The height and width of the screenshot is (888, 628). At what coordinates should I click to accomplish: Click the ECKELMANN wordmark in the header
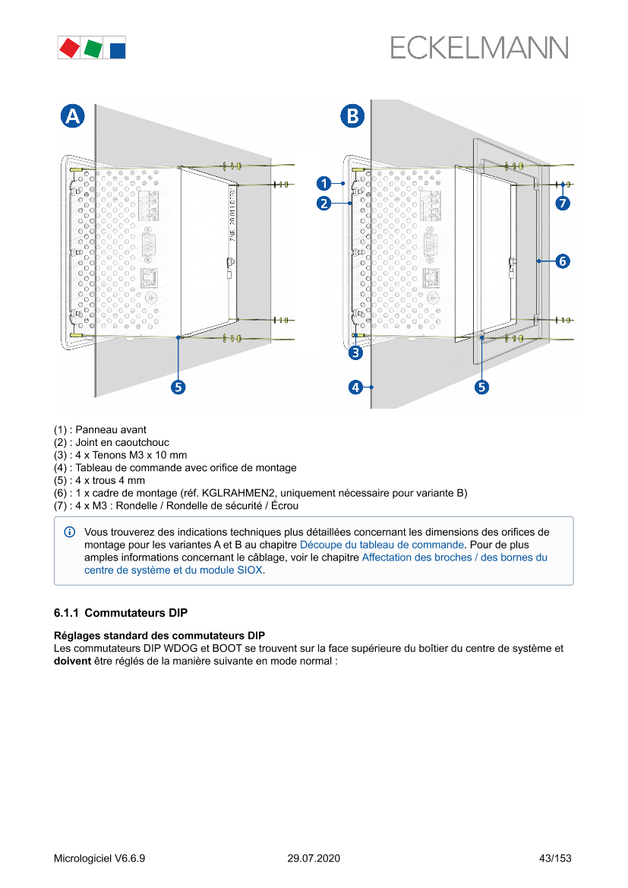[479, 48]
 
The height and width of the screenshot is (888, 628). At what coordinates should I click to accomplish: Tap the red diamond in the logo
[69, 48]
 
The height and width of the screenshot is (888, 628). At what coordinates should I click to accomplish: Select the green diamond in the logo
[93, 48]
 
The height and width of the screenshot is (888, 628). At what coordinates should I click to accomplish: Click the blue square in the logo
[118, 50]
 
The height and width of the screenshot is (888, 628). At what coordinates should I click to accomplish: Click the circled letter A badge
[72, 116]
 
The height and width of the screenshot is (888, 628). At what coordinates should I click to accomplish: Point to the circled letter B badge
[352, 116]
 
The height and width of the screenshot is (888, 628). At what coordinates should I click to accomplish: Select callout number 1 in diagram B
[323, 183]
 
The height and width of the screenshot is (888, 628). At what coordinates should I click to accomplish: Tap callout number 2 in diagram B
[323, 203]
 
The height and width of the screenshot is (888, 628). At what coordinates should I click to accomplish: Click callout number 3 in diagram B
[355, 353]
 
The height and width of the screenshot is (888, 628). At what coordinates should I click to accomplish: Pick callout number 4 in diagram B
[355, 387]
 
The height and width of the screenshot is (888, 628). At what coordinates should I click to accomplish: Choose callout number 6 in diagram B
[563, 261]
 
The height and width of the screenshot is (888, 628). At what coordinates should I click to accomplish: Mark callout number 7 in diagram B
[563, 203]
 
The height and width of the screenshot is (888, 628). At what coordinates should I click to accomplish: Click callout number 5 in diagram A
[178, 387]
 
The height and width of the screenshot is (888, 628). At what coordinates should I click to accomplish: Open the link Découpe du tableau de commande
[381, 545]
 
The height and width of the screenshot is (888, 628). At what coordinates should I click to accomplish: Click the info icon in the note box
[70, 532]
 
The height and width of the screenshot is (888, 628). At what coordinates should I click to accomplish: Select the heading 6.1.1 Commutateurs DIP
[121, 613]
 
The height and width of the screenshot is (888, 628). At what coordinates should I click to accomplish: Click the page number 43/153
[554, 858]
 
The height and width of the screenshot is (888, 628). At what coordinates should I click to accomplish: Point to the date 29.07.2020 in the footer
[314, 858]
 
